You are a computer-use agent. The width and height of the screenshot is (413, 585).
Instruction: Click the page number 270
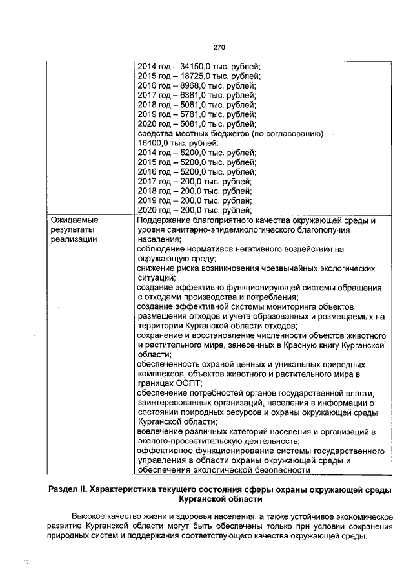[217, 47]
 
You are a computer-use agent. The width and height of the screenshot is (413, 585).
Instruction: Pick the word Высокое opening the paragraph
[91, 518]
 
